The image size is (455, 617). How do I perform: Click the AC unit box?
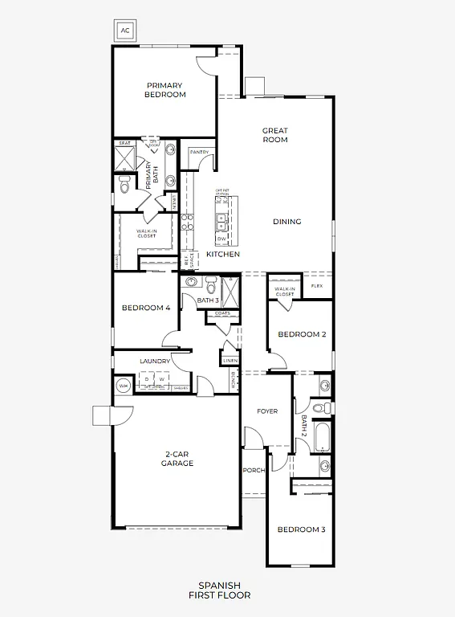click(x=124, y=31)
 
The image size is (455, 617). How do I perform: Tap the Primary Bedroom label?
click(x=165, y=90)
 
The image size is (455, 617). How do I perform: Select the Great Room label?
click(x=274, y=135)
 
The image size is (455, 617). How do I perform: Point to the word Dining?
click(x=286, y=222)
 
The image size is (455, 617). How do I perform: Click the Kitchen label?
click(x=223, y=254)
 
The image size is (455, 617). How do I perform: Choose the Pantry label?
click(x=199, y=151)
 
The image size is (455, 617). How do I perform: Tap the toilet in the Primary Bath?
click(x=124, y=186)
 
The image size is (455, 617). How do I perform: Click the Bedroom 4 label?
click(x=145, y=308)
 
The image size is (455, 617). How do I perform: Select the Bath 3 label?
click(x=208, y=300)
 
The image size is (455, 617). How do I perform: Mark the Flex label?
click(x=317, y=286)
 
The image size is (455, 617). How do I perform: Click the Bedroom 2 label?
click(x=302, y=334)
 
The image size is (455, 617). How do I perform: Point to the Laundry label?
click(x=155, y=362)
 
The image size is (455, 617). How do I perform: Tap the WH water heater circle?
click(x=123, y=386)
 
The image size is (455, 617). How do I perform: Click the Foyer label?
click(x=267, y=411)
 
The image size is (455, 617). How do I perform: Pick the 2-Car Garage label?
click(x=177, y=459)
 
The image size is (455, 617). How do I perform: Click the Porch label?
click(x=254, y=471)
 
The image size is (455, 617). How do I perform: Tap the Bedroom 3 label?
click(x=301, y=529)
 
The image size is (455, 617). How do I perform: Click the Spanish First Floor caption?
click(x=219, y=590)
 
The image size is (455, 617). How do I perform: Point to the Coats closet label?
click(x=222, y=313)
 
